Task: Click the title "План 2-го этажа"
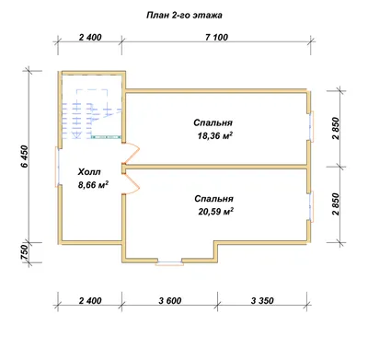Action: [x=184, y=16]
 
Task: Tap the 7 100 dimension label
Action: [x=216, y=38]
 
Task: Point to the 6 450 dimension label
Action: [x=25, y=156]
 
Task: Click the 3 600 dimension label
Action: [x=170, y=301]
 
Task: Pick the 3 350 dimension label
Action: [x=262, y=301]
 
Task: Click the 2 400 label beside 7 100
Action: [x=90, y=38]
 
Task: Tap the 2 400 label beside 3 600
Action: [x=90, y=301]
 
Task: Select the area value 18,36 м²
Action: [x=214, y=135]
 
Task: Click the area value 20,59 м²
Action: [x=216, y=212]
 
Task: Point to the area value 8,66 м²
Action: [x=94, y=185]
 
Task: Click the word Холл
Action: [x=89, y=172]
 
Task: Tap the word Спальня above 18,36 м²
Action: [x=213, y=122]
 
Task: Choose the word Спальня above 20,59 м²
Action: [x=213, y=199]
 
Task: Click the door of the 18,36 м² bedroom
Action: [x=132, y=154]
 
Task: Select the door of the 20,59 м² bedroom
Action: [x=132, y=183]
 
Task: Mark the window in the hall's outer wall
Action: [x=57, y=167]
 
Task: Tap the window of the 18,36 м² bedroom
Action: [x=312, y=126]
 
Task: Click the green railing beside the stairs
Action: [x=107, y=137]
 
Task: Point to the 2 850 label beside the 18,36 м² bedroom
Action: [x=336, y=128]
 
